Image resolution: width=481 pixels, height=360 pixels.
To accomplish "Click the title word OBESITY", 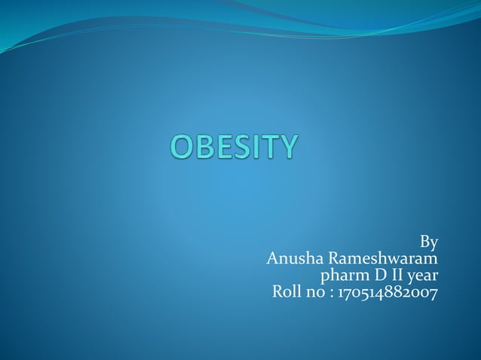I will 234,147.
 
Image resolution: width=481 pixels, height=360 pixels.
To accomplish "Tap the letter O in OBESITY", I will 183,147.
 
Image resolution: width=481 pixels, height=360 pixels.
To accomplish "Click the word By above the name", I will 428,243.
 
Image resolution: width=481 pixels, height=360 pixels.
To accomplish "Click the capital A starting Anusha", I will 274,259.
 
